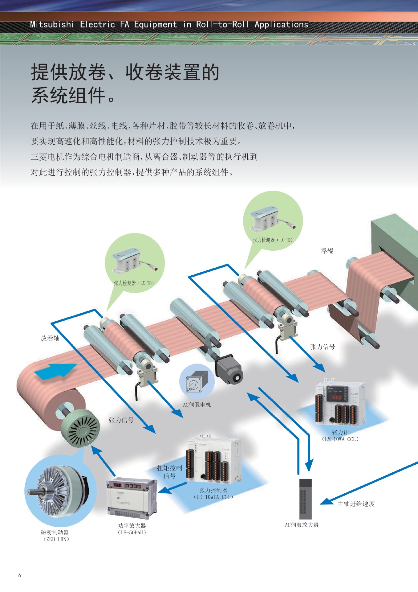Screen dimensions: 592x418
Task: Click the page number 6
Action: pos(20,575)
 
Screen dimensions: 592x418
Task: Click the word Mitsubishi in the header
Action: pos(52,24)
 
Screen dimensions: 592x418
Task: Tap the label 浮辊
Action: pos(327,251)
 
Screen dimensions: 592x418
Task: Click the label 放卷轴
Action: pos(50,338)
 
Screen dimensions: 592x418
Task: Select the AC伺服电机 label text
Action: pos(197,405)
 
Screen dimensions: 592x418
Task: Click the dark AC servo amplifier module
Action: pos(305,499)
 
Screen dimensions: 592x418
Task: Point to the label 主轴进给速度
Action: pos(356,504)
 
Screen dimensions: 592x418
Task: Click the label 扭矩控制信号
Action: pos(169,472)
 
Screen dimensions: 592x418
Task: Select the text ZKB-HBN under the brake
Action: pos(56,539)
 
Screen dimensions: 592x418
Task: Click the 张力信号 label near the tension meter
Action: pos(322,347)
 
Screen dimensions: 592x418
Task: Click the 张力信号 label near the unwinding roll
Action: pos(121,420)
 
